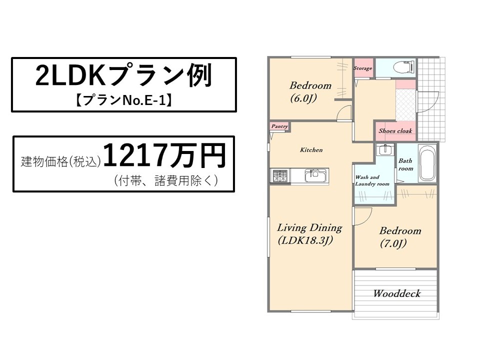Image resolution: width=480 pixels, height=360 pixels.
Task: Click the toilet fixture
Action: pyautogui.click(x=404, y=66)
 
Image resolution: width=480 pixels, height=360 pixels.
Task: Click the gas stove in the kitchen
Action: pyautogui.click(x=280, y=175)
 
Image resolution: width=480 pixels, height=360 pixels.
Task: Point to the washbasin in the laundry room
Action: pyautogui.click(x=385, y=149)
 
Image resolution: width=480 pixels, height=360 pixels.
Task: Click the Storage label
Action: pyautogui.click(x=363, y=68)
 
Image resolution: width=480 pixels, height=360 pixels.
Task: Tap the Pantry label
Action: pyautogui.click(x=279, y=126)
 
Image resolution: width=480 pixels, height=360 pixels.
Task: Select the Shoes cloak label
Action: pyautogui.click(x=395, y=130)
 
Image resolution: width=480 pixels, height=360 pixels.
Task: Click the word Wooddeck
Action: pyautogui.click(x=396, y=293)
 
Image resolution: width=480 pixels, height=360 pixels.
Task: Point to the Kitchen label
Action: pyautogui.click(x=311, y=149)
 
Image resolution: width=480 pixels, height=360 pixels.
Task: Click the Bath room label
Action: pyautogui.click(x=405, y=164)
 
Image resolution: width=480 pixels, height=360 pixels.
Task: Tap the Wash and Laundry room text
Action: pyautogui.click(x=372, y=180)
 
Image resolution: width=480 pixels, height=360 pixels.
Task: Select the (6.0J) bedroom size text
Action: pyautogui.click(x=303, y=99)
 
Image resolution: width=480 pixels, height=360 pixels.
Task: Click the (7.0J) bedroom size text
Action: pyautogui.click(x=393, y=244)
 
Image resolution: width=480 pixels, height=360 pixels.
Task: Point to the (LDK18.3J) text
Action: pyautogui.click(x=305, y=240)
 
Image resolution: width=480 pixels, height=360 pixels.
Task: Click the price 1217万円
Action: pyautogui.click(x=164, y=155)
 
